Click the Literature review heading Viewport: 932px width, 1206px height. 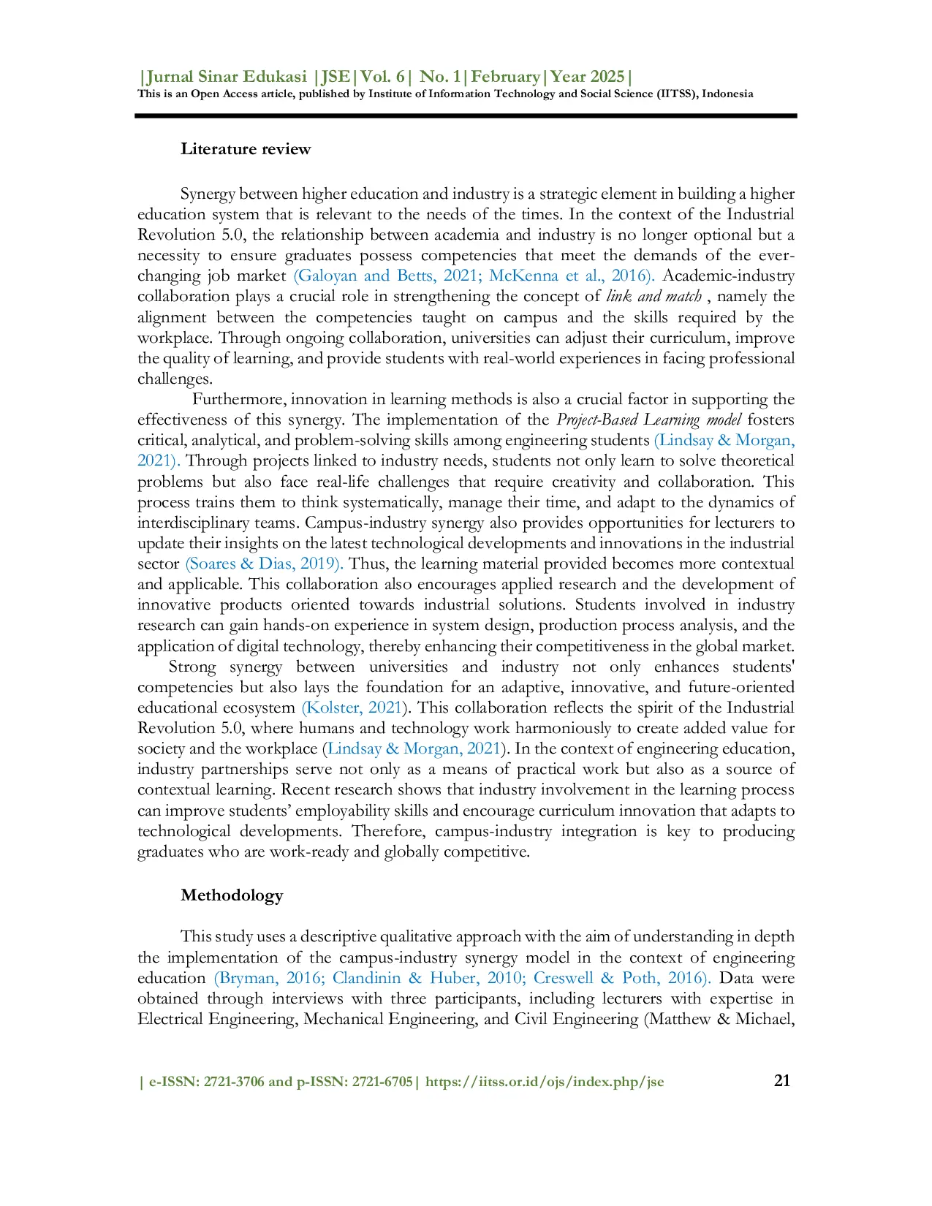[x=246, y=149]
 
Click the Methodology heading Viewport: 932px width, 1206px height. [x=232, y=895]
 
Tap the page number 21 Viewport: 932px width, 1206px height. [x=781, y=1080]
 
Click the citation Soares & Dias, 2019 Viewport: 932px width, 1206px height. [x=264, y=564]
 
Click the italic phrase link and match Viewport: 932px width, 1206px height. [x=653, y=296]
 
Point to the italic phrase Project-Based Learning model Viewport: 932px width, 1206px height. [x=648, y=420]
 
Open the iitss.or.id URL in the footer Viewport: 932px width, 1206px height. [x=545, y=1082]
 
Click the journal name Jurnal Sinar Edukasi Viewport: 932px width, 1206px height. [x=227, y=77]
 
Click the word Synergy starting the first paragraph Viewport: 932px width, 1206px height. [x=208, y=194]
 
